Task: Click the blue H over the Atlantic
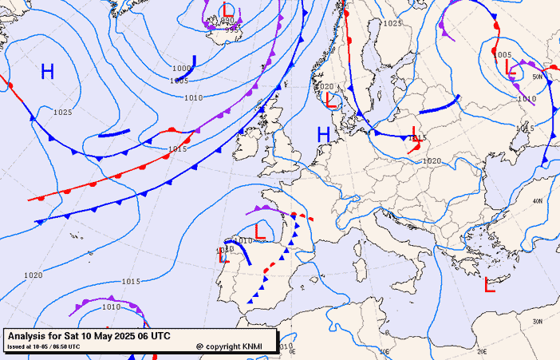[x=48, y=72]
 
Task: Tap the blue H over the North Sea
[x=324, y=134]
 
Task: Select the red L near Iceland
[x=228, y=10]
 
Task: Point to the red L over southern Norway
[x=331, y=99]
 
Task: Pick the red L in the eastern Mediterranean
[x=490, y=284]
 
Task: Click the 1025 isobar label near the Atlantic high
[x=63, y=113]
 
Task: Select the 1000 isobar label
[x=181, y=69]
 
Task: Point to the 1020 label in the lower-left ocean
[x=33, y=275]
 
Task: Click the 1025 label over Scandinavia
[x=392, y=23]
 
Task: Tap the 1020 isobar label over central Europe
[x=432, y=161]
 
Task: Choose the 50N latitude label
[x=538, y=77]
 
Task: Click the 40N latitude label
[x=538, y=200]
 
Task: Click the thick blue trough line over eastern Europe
[x=439, y=106]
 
